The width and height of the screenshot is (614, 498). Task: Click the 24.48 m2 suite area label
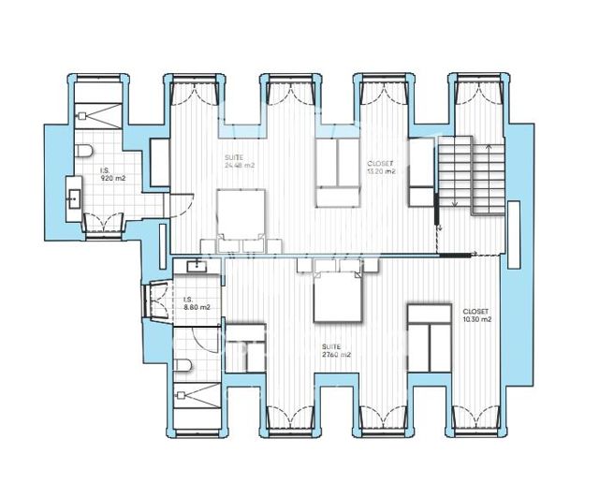pyautogui.click(x=240, y=161)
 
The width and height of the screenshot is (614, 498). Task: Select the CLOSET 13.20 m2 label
pyautogui.click(x=381, y=167)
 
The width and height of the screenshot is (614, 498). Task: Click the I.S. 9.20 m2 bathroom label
pyautogui.click(x=112, y=173)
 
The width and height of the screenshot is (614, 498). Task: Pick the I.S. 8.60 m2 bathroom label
pyautogui.click(x=197, y=303)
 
